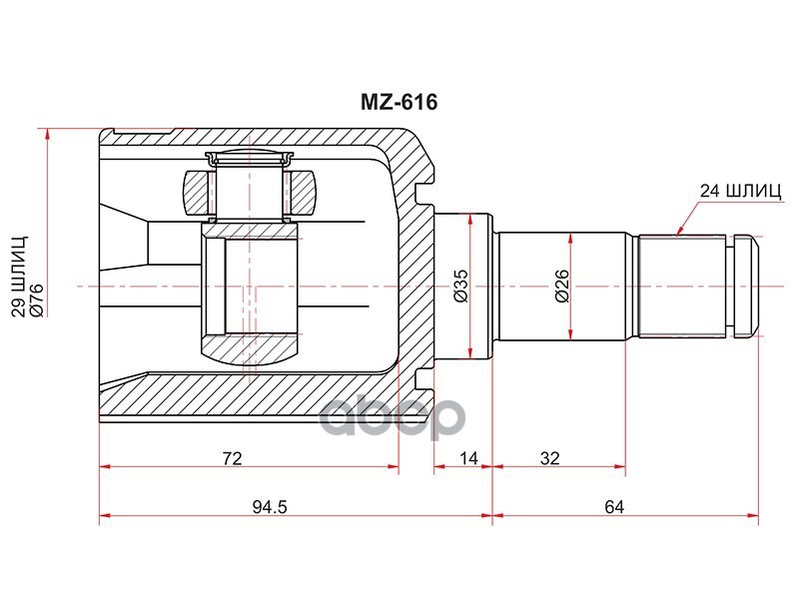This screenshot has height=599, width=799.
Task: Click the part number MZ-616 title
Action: coord(399,102)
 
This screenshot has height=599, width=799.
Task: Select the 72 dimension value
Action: coord(233,458)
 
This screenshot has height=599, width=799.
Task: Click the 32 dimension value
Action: coord(549,458)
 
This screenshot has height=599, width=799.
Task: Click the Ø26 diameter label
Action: coord(561,285)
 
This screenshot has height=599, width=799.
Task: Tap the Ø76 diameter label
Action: coord(38,299)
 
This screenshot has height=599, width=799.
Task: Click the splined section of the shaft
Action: coord(683,285)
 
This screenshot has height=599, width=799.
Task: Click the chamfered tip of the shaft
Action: coord(747,285)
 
